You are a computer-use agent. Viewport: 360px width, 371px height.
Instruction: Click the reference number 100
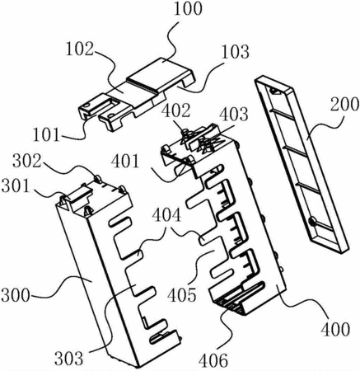pos(188,9)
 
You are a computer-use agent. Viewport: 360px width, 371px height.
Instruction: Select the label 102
pos(80,49)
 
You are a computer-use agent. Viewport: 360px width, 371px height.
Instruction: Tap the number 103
pos(236,52)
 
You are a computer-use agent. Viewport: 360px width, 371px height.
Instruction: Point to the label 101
pos(46,134)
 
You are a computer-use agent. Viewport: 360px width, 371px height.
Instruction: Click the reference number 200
pos(344,105)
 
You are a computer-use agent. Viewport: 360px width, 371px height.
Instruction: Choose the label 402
pos(175,110)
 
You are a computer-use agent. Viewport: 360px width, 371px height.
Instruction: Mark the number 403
pos(234,115)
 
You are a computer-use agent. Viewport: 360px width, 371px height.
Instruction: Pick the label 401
pos(125,161)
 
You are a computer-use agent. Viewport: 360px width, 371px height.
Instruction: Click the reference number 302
pos(26,161)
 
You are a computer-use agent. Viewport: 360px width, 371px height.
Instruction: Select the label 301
pos(16,186)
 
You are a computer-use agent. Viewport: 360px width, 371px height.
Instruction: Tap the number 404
pos(166,215)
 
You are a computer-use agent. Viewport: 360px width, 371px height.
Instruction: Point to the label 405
pos(182,295)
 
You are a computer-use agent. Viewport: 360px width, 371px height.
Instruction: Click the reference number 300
pos(16,295)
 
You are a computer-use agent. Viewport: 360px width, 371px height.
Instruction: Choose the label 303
pos(68,359)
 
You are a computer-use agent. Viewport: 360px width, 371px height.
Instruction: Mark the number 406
pos(213,360)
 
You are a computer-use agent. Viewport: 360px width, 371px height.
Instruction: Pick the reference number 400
pos(335,329)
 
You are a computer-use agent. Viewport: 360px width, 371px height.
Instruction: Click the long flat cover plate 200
pos(302,165)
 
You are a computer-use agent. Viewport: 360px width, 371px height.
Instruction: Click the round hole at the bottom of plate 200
pos(312,221)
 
